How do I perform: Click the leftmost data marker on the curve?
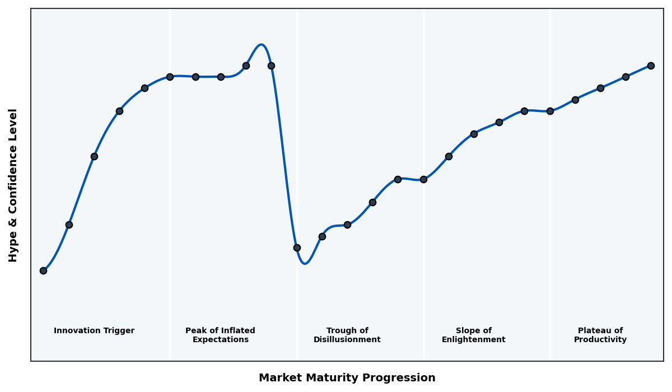(43, 270)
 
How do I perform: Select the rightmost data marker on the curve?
(651, 66)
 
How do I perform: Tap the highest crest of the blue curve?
(261, 45)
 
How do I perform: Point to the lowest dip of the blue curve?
(305, 263)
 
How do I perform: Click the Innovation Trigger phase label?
(94, 331)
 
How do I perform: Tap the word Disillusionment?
(347, 340)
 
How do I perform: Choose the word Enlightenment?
(474, 340)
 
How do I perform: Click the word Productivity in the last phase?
(600, 340)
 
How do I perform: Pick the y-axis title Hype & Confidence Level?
(13, 185)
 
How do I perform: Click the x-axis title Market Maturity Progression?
(347, 378)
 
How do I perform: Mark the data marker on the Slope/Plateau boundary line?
(550, 111)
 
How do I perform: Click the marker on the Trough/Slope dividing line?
(423, 179)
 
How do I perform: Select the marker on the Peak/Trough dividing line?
(297, 248)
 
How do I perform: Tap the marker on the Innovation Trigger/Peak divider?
(170, 77)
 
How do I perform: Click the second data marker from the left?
(69, 225)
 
